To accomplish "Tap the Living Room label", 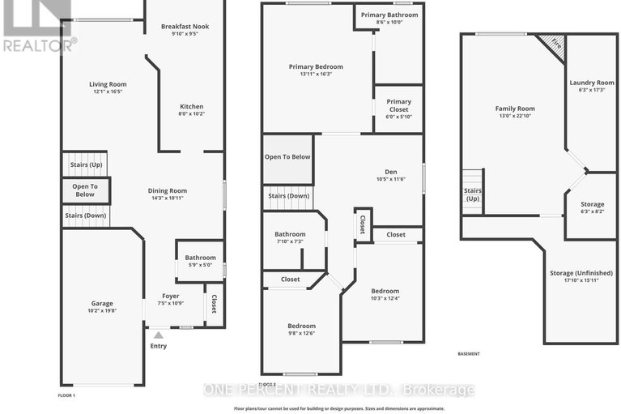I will click(107, 83).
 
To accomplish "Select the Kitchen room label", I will click(191, 106).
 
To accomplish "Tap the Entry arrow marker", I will click(158, 334).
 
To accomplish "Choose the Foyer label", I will click(170, 296).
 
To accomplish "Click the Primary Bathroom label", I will click(389, 15).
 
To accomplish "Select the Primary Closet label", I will click(398, 102).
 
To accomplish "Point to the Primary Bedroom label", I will click(316, 66).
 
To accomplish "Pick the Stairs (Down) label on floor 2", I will click(287, 196).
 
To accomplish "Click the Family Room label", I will click(515, 109).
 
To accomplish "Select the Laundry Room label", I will click(592, 83).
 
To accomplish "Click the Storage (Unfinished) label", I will click(581, 274).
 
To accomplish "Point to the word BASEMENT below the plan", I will click(469, 354).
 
